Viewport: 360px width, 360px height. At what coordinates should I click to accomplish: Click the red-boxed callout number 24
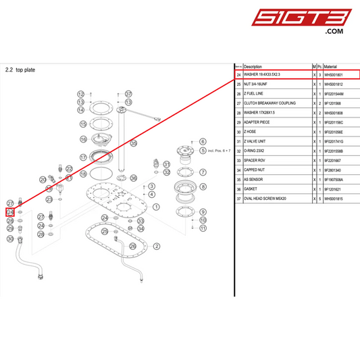[x=10, y=212]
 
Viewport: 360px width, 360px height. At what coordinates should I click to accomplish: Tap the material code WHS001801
[x=336, y=75]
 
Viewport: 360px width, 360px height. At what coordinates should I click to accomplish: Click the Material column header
[x=333, y=67]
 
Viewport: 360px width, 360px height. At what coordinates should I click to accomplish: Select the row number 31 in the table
[x=239, y=142]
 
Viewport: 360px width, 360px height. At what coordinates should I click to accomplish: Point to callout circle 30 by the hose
[x=10, y=238]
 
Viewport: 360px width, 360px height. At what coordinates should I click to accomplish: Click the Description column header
[x=253, y=67]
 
